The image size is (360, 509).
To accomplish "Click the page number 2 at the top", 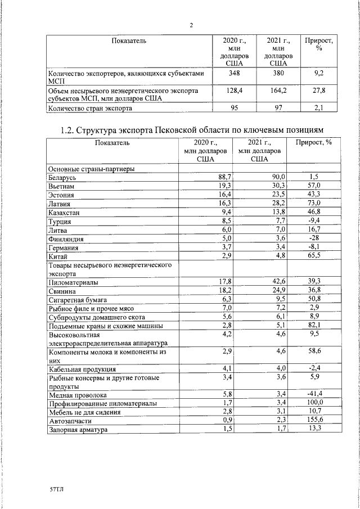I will pyautogui.click(x=191, y=25).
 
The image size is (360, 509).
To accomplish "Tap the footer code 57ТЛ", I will pyautogui.click(x=57, y=490).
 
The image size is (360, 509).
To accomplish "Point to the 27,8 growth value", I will pyautogui.click(x=318, y=90).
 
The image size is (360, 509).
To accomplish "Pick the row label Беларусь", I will pyautogui.click(x=62, y=177).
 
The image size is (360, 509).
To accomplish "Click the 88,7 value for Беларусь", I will pyautogui.click(x=225, y=177).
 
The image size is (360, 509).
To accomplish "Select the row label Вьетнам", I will pyautogui.click(x=61, y=186).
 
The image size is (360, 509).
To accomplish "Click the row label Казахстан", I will pyautogui.click(x=64, y=213).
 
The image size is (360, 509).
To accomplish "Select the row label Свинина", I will pyautogui.click(x=62, y=290).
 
